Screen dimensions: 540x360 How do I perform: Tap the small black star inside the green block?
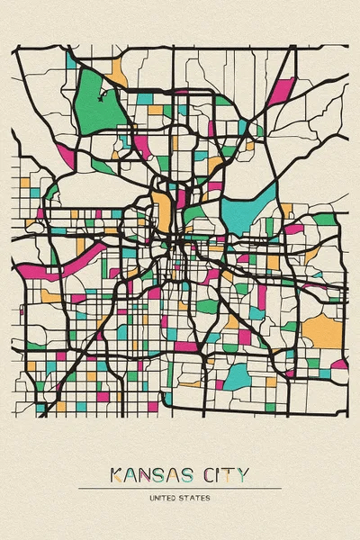coord(102,91)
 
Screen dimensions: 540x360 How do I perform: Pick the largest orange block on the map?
coord(322,332)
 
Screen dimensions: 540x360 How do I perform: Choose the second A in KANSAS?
coord(177,474)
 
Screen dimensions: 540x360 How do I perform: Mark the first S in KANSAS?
coord(161,474)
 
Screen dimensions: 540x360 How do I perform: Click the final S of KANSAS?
coord(193,474)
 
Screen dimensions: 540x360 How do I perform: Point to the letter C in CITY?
coord(216,474)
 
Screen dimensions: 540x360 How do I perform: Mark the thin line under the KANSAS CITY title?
coord(180,488)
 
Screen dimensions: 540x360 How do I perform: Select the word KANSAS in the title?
coord(153,474)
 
